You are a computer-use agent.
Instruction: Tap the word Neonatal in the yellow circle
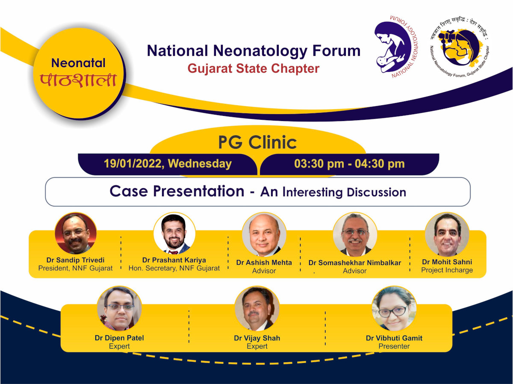78,63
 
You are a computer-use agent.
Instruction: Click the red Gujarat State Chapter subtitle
254,69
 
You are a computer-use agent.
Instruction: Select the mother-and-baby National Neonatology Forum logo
396,47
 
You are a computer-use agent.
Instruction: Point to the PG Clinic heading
257,142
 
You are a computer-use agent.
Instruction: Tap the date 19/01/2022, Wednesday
168,164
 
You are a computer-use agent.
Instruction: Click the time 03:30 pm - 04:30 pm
349,164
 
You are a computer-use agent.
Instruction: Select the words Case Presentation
177,191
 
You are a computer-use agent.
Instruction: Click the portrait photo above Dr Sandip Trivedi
76,233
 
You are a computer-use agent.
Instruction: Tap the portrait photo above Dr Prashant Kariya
174,233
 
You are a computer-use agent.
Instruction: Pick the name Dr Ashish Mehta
264,263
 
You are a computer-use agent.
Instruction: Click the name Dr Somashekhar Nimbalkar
354,263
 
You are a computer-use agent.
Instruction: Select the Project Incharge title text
447,270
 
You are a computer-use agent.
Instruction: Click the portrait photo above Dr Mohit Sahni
447,234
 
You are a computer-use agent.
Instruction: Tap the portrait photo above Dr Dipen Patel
119,308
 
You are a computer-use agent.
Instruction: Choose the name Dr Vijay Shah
257,338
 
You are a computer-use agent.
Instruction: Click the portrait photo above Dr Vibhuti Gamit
394,308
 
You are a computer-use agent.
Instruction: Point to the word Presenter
394,346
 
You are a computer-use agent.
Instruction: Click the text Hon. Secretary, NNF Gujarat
174,268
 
